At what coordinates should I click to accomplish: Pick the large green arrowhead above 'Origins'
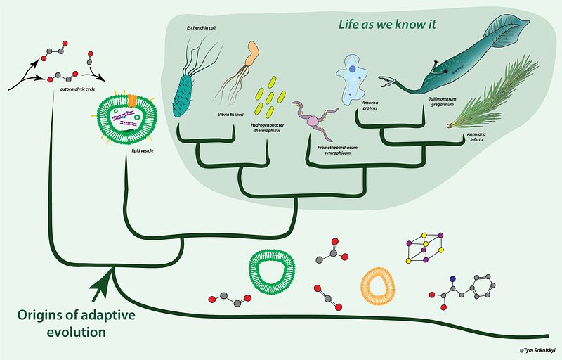pos(103,287)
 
